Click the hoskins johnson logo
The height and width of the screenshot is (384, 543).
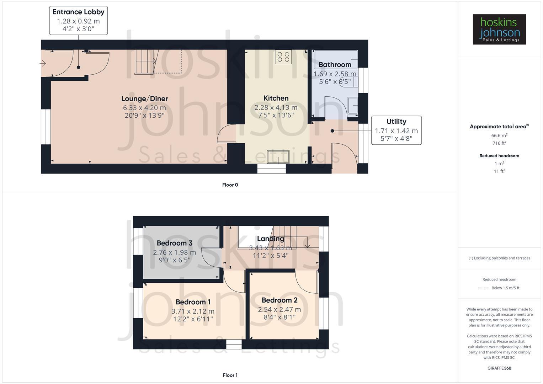[x=499, y=29]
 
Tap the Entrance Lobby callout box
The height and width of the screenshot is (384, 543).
[x=78, y=20]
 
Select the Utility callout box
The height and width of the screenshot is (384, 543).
[x=396, y=130]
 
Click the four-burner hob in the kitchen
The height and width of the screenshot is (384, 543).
[x=283, y=57]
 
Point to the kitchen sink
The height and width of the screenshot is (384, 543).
[x=278, y=157]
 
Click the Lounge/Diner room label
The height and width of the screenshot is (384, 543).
[x=144, y=99]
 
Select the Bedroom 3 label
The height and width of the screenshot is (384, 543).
[x=174, y=243]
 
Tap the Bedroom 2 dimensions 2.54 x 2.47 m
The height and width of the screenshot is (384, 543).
[x=279, y=309]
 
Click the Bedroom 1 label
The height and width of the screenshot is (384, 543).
[x=193, y=302]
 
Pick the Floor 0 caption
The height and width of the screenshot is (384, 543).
[x=230, y=185]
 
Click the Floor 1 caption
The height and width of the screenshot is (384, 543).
[x=230, y=375]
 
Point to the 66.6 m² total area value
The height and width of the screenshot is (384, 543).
[x=499, y=135]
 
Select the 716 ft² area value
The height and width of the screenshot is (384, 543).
[x=499, y=143]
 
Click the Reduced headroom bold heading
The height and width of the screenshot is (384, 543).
[x=499, y=156]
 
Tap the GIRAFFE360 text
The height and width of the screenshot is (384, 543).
[x=499, y=368]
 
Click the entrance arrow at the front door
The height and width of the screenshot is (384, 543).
[x=43, y=64]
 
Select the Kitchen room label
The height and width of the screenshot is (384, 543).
[x=276, y=98]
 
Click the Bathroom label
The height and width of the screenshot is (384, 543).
[x=335, y=65]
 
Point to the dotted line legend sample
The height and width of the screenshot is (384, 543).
[x=484, y=288]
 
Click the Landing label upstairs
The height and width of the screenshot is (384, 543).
[x=270, y=239]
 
